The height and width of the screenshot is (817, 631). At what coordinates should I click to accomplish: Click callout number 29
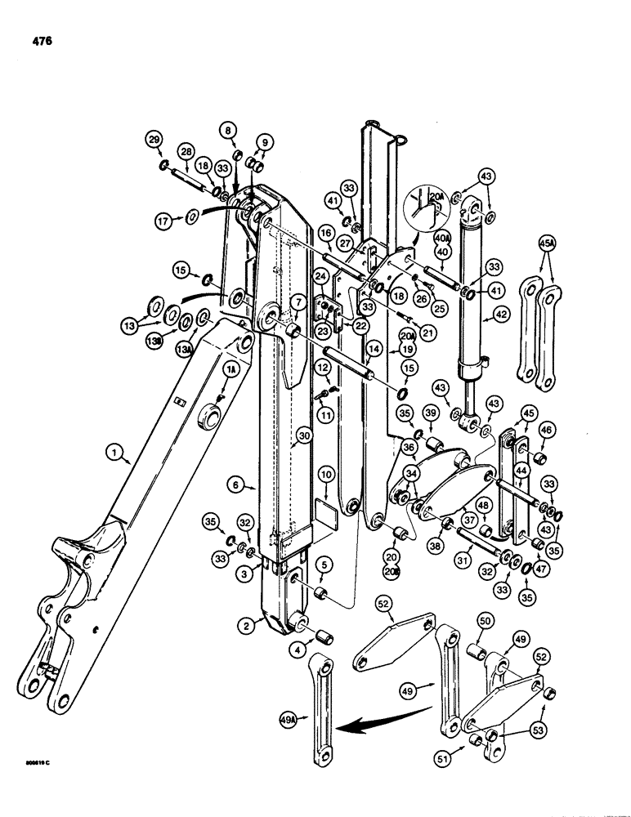click(x=153, y=140)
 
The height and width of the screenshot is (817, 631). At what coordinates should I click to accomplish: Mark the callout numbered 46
click(x=547, y=427)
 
